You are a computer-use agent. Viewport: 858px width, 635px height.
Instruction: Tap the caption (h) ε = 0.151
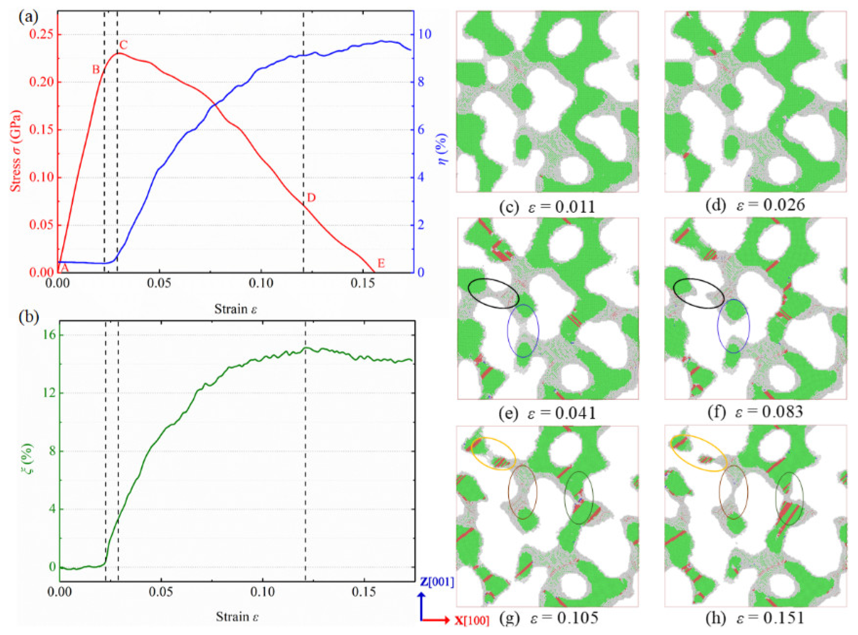(x=755, y=618)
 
